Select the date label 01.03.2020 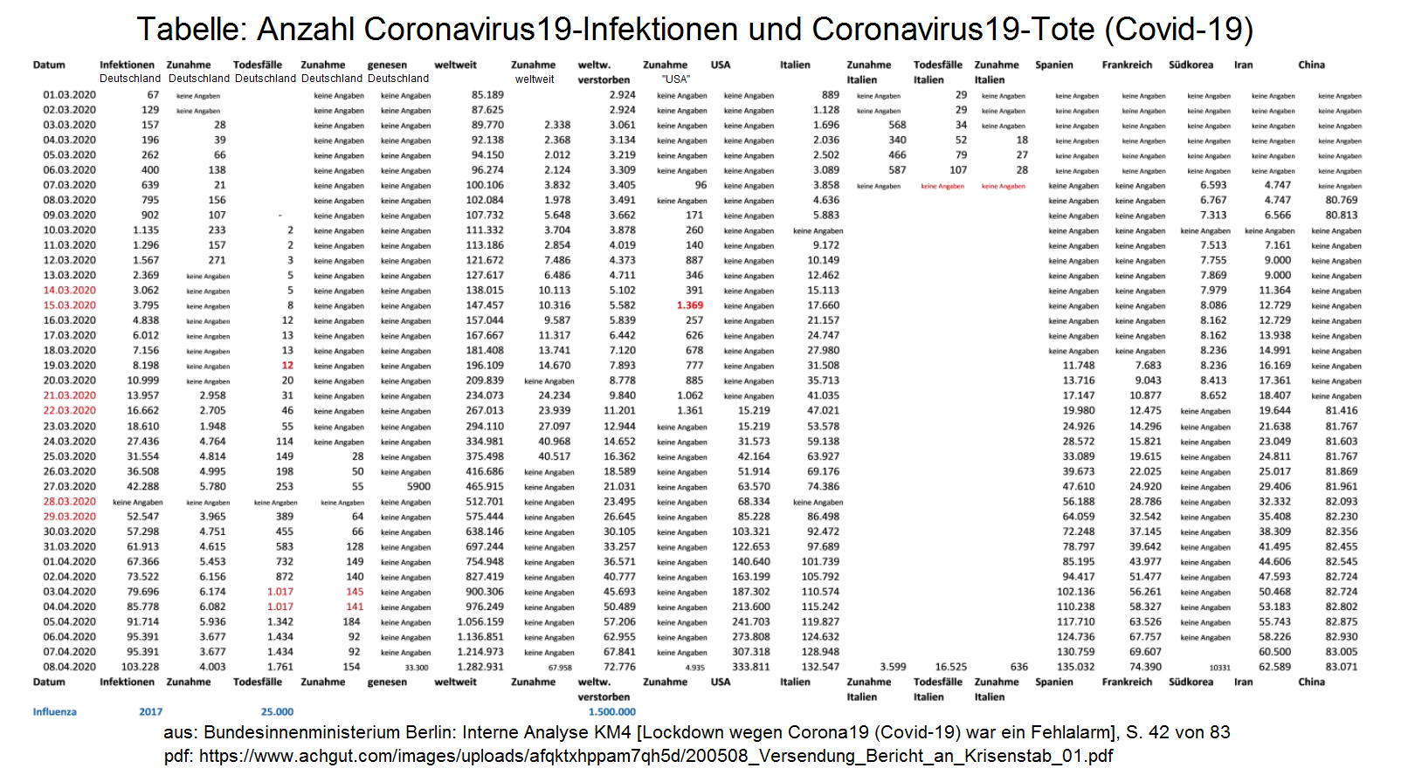point(70,95)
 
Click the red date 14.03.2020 point(70,291)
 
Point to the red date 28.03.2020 point(70,502)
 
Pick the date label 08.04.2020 point(70,667)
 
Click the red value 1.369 point(689,305)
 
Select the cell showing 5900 point(418,487)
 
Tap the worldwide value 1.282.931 point(480,667)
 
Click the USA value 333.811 point(751,667)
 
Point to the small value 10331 point(1219,668)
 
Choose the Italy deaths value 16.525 point(950,667)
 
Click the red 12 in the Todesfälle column point(287,366)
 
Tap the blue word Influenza point(55,712)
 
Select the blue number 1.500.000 point(611,712)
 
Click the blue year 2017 point(150,712)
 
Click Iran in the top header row point(1243,65)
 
